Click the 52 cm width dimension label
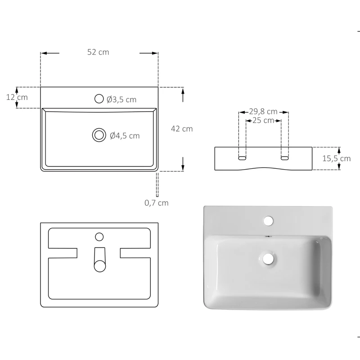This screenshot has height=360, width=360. [98, 52]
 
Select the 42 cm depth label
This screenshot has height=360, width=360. [182, 129]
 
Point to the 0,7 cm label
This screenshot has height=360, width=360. [157, 203]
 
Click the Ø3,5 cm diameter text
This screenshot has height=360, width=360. [121, 99]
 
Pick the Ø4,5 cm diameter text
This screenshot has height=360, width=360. [125, 135]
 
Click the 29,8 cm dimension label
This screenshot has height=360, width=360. [263, 112]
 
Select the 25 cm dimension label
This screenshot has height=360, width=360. [263, 121]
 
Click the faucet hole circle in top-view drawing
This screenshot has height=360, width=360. [99, 99]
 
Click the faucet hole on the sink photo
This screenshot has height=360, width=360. [268, 220]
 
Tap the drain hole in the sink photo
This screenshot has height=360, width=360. [269, 258]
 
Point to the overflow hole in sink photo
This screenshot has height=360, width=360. [268, 236]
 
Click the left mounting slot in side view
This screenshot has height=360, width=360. [242, 158]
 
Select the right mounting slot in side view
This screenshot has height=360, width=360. [284, 158]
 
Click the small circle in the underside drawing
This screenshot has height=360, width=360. [99, 237]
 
